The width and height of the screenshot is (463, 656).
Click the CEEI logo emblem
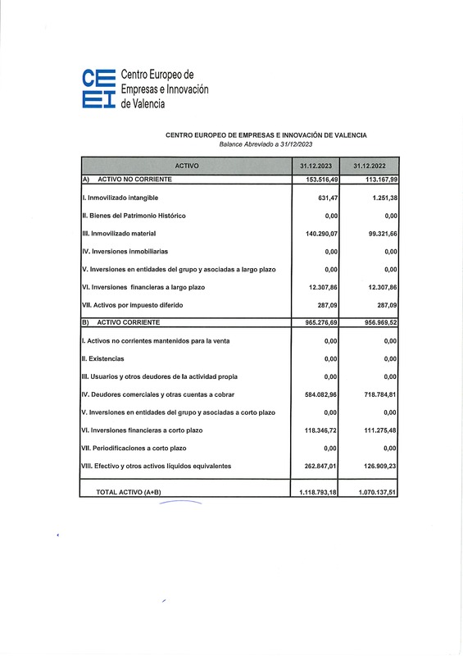[x=99, y=89]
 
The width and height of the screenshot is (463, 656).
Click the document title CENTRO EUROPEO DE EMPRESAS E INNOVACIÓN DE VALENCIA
[x=266, y=135]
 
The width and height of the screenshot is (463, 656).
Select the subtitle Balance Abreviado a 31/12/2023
[x=266, y=144]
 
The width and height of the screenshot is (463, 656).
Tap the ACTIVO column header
[x=186, y=166]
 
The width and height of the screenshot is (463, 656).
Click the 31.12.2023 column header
[x=317, y=166]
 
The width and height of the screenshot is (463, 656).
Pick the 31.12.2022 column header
[x=370, y=166]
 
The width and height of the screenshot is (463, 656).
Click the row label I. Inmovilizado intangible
[x=120, y=198]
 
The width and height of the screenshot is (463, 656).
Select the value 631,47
[x=327, y=198]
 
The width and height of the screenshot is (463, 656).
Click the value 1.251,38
[x=379, y=198]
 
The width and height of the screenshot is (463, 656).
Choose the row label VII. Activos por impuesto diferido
[x=131, y=305]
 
